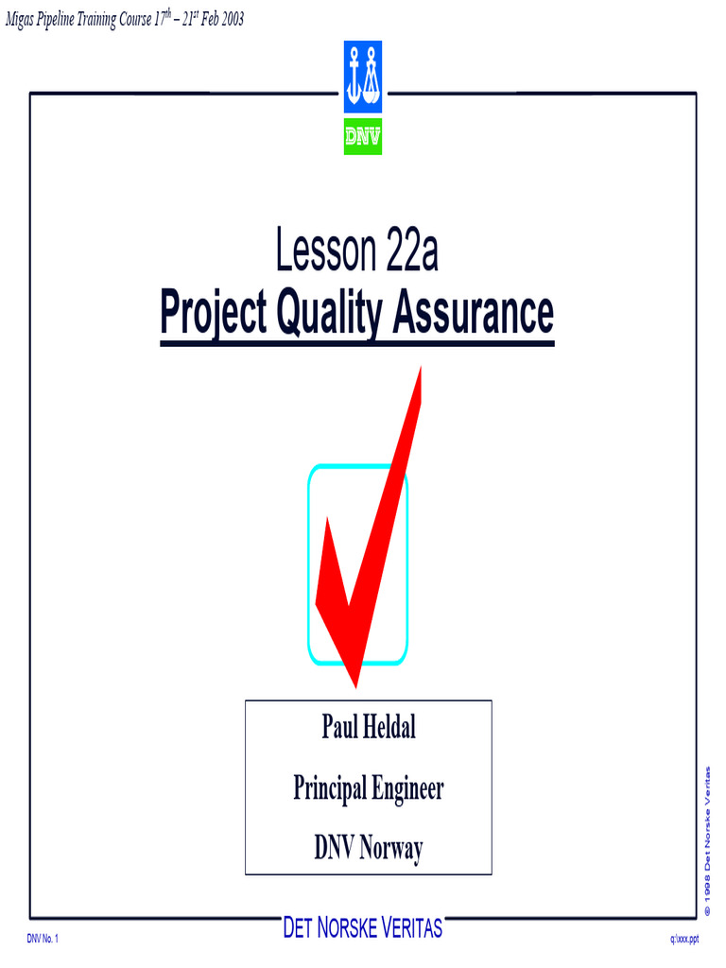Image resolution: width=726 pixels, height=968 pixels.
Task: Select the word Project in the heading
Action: coord(214,314)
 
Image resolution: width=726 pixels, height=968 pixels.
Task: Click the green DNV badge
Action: coord(362,137)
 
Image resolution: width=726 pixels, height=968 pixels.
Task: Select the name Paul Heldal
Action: coord(369,728)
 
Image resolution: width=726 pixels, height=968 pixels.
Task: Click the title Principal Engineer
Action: coord(369,788)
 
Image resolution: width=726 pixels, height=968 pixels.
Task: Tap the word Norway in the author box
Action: coord(389,848)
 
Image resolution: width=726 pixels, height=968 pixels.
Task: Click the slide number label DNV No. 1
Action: coord(43,940)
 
